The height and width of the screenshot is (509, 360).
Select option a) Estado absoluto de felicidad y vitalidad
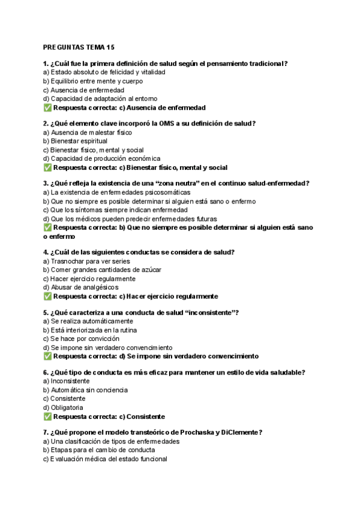pos(104,72)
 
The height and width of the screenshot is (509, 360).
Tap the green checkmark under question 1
pos(47,108)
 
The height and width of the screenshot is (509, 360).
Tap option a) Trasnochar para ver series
pos(86,261)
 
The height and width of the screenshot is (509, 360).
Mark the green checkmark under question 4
pos(47,297)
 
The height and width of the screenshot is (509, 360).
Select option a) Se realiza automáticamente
pos(84,321)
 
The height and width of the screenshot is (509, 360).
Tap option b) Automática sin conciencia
pos(85,390)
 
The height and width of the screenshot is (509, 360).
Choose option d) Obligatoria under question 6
pos(63,408)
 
